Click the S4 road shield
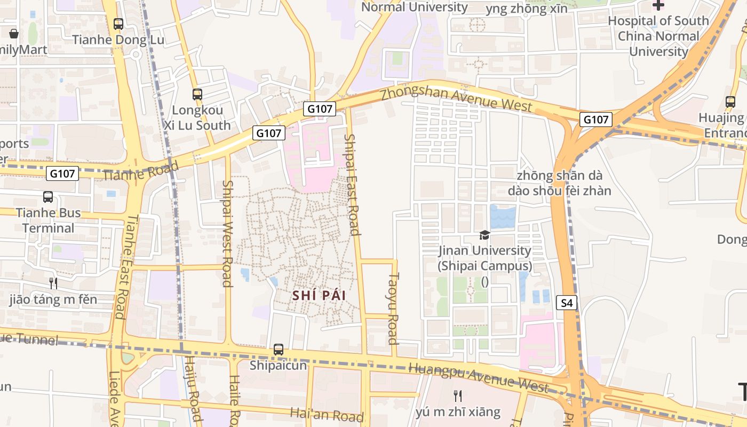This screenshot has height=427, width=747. tap(567, 303)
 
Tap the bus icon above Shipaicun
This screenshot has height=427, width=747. tap(279, 350)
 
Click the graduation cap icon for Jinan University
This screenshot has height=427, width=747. tap(484, 235)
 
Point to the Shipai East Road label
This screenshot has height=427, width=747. tap(351, 184)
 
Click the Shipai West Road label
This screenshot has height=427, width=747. tap(227, 233)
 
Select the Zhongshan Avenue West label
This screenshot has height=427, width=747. tap(456, 100)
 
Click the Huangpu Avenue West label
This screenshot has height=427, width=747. tap(478, 377)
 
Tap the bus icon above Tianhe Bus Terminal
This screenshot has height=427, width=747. tap(48, 197)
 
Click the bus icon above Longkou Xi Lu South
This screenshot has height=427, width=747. tap(197, 94)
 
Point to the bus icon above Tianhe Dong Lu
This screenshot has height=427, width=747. tap(118, 24)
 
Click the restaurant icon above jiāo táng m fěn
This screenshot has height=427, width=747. tap(53, 283)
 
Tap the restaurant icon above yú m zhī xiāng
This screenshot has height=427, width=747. tap(457, 396)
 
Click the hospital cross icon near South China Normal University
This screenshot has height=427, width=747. tap(658, 5)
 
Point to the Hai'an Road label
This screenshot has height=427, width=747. tap(327, 414)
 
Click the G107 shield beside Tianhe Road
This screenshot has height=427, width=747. tap(63, 173)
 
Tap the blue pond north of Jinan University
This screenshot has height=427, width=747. tap(503, 217)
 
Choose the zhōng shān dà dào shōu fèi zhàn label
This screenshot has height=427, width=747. tap(559, 183)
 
